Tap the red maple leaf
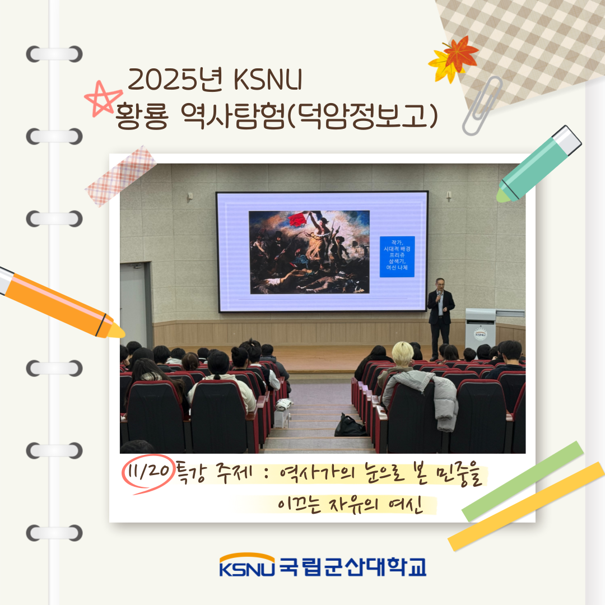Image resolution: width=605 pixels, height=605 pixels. pos(460,53)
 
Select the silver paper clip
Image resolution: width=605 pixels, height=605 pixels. pos(481,105)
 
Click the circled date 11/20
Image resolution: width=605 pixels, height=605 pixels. pos(147,472)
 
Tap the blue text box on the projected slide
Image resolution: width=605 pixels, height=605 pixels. pos(397,256)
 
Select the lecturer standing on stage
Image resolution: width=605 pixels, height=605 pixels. pos(440,317)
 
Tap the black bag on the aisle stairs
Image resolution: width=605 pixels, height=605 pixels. pos(350,425)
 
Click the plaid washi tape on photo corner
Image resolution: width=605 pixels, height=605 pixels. pos(120,176)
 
